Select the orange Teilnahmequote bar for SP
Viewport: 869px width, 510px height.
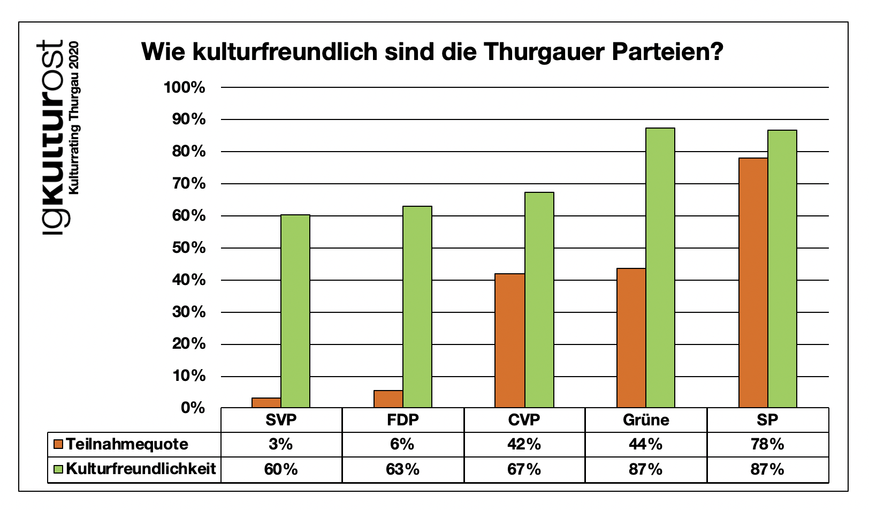(753, 282)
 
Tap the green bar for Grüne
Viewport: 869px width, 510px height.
(660, 268)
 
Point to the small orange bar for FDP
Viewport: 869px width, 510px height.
(388, 399)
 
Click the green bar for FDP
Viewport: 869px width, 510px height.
(417, 306)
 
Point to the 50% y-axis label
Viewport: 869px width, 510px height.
(189, 248)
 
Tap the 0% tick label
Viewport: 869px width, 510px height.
(193, 408)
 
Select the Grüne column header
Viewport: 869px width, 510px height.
(646, 419)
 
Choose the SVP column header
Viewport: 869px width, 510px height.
(281, 419)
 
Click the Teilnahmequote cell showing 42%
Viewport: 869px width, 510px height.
(524, 444)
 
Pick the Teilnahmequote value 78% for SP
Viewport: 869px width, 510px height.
(768, 444)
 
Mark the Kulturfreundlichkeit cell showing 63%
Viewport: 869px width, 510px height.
(402, 469)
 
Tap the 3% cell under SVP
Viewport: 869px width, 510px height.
(281, 444)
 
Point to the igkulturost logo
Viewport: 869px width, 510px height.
(52, 137)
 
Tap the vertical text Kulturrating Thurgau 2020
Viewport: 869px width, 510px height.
(75, 118)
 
